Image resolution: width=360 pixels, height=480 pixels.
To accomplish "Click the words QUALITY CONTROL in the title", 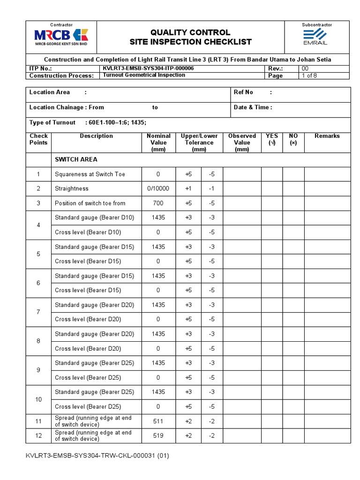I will click(190, 32).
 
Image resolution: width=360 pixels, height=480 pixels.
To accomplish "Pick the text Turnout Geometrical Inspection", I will click(144, 75).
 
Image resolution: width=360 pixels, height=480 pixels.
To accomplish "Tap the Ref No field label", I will click(243, 92).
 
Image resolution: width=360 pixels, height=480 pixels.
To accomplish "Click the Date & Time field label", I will click(253, 107).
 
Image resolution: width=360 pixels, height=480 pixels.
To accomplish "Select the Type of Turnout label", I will click(52, 122).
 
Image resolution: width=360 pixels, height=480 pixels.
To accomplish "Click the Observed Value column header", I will click(242, 142).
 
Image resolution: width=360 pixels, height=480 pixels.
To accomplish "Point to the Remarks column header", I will click(327, 136).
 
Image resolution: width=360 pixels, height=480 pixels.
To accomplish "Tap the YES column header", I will click(271, 139).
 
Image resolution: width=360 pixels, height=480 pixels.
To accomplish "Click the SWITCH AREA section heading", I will click(76, 159).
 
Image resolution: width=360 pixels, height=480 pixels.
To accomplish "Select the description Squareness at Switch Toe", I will click(90, 174).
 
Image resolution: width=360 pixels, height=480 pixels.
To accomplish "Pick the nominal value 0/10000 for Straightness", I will click(158, 189).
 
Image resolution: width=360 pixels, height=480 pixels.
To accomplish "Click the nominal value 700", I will click(158, 203).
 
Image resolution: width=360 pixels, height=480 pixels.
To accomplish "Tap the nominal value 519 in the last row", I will click(158, 436).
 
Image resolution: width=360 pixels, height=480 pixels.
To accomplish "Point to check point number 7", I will click(38, 312).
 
